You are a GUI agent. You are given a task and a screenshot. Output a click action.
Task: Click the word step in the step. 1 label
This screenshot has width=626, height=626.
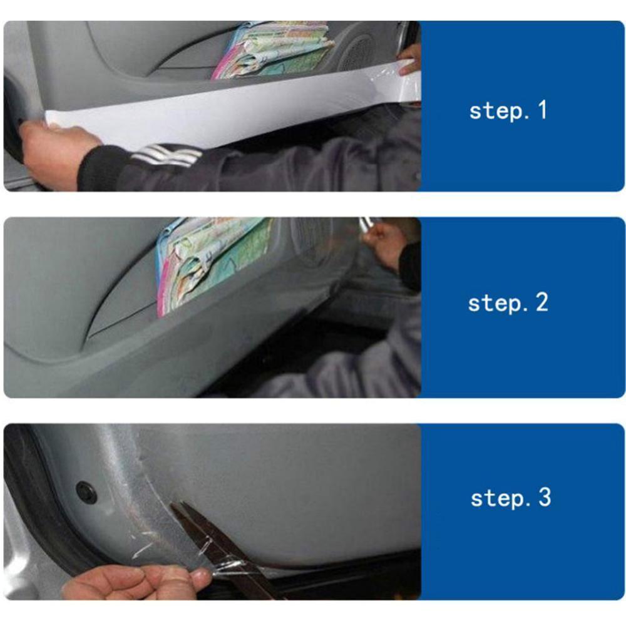click(x=496, y=111)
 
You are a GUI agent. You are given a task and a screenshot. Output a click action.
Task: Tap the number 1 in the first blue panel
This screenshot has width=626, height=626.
click(x=542, y=110)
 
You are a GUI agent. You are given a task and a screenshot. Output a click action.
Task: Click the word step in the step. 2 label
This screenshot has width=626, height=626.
click(x=495, y=304)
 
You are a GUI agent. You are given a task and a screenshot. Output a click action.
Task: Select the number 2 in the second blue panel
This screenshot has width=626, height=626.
click(x=541, y=302)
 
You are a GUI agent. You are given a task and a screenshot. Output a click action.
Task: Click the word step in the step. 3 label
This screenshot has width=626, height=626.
click(x=498, y=499)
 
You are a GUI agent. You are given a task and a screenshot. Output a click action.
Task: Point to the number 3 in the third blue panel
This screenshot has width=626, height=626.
click(x=545, y=498)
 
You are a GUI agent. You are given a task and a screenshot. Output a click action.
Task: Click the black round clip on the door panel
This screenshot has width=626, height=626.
click(x=86, y=492)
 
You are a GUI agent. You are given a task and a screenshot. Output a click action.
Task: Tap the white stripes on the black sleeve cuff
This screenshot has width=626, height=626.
click(x=166, y=155)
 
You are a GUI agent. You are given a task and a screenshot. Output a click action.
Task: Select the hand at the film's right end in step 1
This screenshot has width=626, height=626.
click(x=410, y=60)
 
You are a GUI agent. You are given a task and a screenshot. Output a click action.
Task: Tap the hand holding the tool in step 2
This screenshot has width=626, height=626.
click(x=385, y=243)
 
